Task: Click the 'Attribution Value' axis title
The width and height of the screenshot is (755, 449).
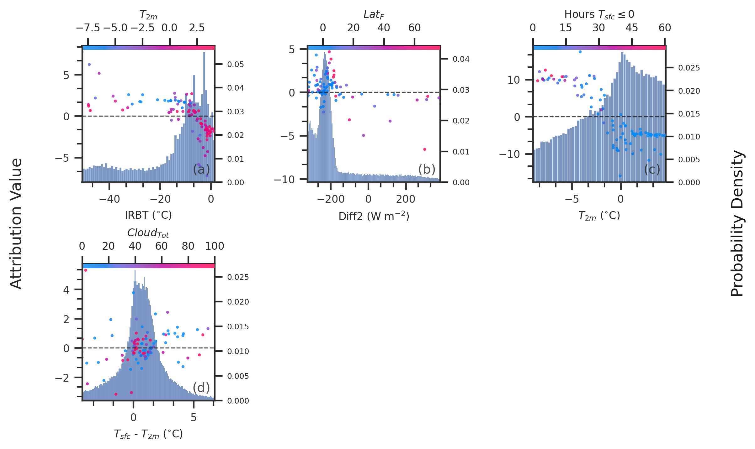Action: pos(16,223)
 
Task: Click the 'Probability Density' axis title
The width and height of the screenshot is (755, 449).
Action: pos(737,223)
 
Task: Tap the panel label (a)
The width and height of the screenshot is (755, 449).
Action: pos(201,169)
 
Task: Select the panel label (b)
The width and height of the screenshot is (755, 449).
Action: pos(427,169)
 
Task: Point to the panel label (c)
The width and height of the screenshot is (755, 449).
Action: pos(652,169)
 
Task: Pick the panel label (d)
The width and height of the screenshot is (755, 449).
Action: pos(201,388)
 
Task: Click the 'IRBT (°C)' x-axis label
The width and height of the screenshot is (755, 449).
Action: pos(148,215)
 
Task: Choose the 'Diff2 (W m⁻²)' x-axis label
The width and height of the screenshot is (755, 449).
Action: pos(374,216)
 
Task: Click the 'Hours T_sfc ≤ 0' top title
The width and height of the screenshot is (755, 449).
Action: pos(599,14)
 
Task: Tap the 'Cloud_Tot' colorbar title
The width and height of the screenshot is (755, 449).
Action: pos(148,233)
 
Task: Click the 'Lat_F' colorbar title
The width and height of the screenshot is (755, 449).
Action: pos(374,14)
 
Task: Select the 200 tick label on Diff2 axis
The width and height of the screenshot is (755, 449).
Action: pos(406,199)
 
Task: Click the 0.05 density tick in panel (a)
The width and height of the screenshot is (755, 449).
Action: pos(236,64)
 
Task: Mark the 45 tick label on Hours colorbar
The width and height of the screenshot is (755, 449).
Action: pos(632,28)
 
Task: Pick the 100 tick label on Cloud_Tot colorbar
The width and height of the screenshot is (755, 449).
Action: pos(215,246)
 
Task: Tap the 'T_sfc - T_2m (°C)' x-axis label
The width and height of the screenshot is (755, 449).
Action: pos(148,434)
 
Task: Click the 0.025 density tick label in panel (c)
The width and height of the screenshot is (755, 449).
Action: pos(689,68)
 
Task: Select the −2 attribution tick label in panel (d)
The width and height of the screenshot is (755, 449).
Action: pos(62,378)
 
